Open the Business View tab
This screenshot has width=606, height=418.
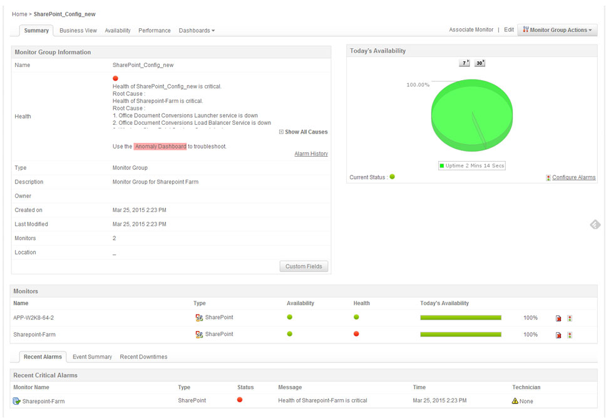(78, 30)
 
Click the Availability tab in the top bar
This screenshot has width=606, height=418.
(118, 30)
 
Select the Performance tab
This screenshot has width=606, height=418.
(155, 30)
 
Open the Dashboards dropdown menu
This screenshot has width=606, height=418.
(197, 30)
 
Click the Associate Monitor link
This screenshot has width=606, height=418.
(471, 29)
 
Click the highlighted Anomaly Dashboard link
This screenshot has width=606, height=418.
(160, 146)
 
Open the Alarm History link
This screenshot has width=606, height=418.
(311, 154)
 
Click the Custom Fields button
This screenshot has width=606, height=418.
(304, 266)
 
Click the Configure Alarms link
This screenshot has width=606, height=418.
(573, 177)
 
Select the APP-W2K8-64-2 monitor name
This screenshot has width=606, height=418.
(33, 318)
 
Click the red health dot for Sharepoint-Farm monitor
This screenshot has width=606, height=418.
(356, 334)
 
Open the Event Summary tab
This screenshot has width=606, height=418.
(92, 357)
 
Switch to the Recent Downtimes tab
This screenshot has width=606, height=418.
(143, 357)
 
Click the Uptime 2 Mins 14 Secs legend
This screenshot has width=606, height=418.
(472, 165)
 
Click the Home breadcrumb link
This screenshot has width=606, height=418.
(19, 14)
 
